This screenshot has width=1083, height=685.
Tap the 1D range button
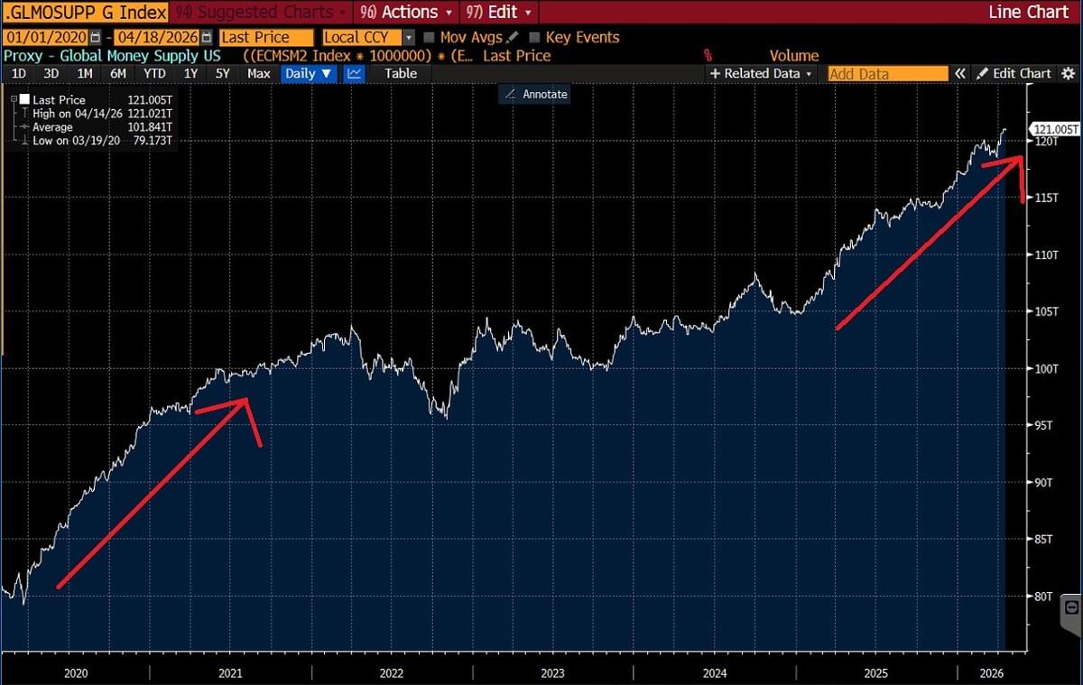point(19,73)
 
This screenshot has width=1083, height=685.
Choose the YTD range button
point(154,73)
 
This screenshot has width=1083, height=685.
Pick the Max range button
point(258,73)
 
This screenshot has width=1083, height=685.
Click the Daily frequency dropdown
point(308,73)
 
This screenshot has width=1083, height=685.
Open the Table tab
point(401,73)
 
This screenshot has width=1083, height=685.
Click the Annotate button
point(535,93)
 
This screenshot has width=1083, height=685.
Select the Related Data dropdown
point(762,73)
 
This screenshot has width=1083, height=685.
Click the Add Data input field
point(887,74)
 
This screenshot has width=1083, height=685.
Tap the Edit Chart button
point(1014,73)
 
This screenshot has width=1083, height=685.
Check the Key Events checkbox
point(535,38)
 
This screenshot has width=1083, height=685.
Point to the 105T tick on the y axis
point(1047,311)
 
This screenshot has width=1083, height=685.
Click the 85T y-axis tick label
point(1045,540)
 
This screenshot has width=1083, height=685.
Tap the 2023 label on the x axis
point(552,673)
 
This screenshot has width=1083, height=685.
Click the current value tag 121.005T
point(1056,130)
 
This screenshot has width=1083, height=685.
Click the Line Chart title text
point(1029,13)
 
